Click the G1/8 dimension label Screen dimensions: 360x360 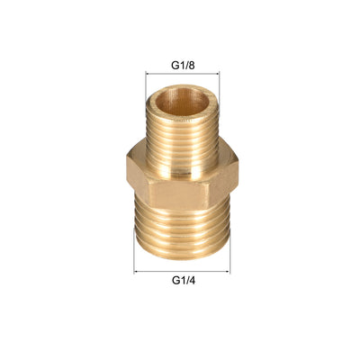tap(185, 64)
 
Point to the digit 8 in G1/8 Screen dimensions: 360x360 tap(196, 64)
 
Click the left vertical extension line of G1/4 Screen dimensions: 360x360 tap(134, 256)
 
